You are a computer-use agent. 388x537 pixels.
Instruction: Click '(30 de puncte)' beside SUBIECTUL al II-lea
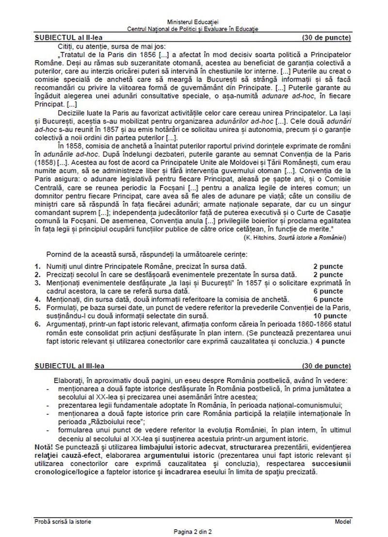pyautogui.click(x=326, y=37)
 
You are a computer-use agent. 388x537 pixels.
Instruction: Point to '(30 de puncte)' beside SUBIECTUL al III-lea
pyautogui.click(x=326, y=365)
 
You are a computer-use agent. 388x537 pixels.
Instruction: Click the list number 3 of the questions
pyautogui.click(x=37, y=283)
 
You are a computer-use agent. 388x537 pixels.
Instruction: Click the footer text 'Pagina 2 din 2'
pyautogui.click(x=193, y=532)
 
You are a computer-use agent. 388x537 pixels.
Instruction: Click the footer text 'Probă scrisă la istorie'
pyautogui.click(x=63, y=521)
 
